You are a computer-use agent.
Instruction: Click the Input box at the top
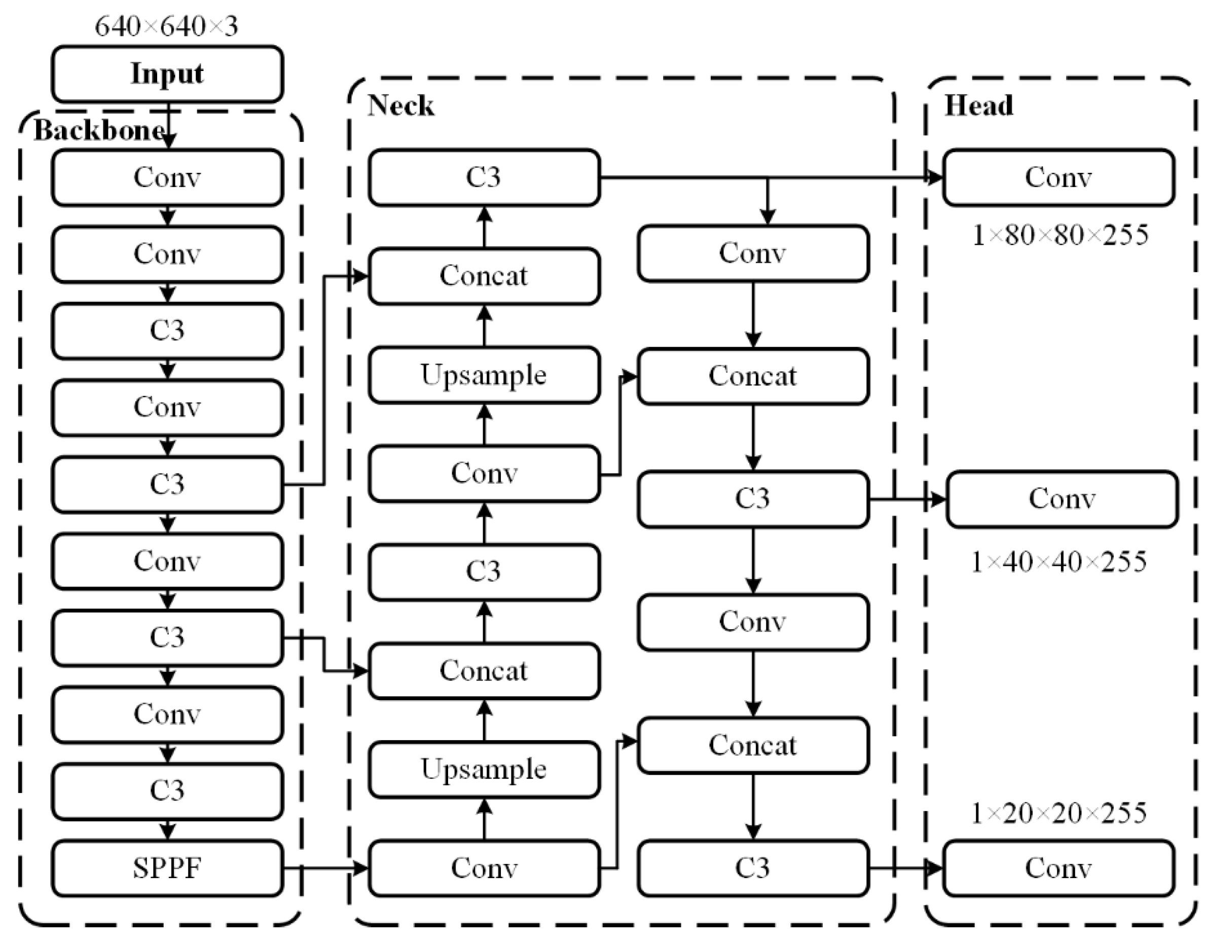[167, 74]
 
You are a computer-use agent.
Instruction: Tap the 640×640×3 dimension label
[166, 26]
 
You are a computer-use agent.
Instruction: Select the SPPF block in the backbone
[167, 868]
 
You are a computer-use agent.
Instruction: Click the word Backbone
[99, 131]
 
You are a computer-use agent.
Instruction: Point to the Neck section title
[400, 105]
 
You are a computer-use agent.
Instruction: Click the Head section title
[979, 105]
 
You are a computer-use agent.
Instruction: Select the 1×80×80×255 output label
[1060, 235]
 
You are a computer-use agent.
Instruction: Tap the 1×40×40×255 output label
[1059, 562]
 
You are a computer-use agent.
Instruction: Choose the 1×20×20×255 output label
[1059, 813]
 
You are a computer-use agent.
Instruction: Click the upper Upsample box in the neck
[484, 375]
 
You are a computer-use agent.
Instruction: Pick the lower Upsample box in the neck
[484, 769]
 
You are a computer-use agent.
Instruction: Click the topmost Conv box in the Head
[1058, 177]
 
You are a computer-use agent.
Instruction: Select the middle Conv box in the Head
[1062, 498]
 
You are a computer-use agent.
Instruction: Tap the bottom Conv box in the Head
[1058, 868]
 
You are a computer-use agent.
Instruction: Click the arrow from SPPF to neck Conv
[326, 868]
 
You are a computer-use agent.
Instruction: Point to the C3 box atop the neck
[484, 177]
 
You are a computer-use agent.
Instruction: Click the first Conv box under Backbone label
[167, 177]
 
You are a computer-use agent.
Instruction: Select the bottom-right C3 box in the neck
[753, 868]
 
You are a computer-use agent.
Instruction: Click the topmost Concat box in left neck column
[484, 276]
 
